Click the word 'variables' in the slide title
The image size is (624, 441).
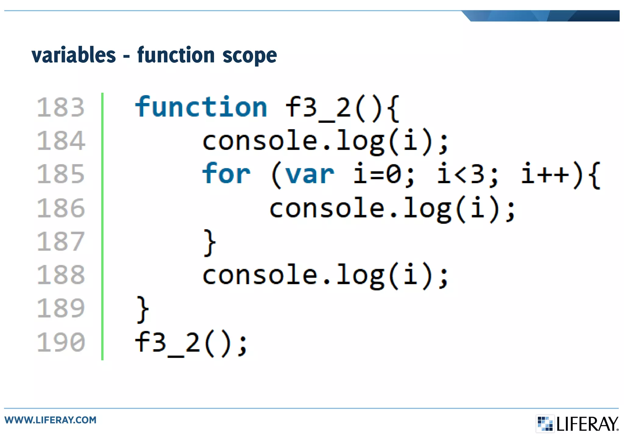73,55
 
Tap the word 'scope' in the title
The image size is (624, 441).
250,56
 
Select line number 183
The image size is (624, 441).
60,107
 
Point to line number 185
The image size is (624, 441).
60,174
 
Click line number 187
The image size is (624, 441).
60,241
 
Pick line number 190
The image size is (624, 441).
60,342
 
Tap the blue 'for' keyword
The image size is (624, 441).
226,174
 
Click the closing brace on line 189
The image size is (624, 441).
143,309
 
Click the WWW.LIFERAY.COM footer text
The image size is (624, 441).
50,420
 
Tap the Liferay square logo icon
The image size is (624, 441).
545,423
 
